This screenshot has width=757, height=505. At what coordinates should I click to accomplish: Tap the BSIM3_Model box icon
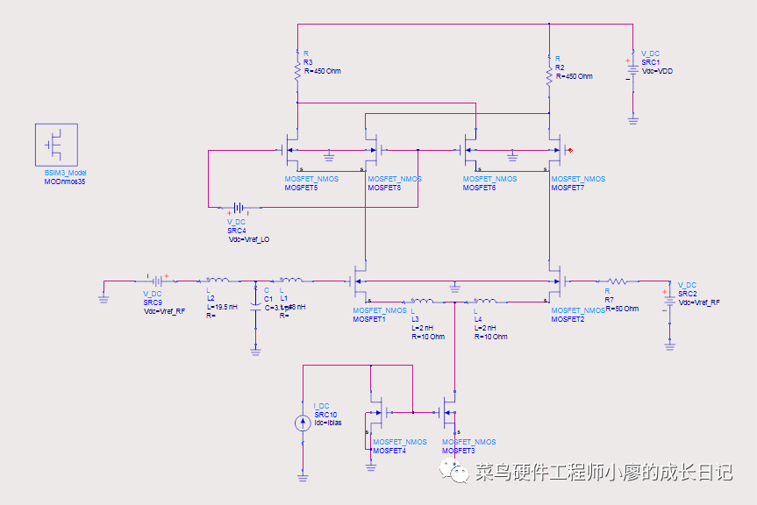56,145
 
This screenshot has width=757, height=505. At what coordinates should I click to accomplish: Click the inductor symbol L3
422,300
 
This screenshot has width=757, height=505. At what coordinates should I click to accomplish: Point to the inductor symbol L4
484,300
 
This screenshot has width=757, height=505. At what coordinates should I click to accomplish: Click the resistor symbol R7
619,281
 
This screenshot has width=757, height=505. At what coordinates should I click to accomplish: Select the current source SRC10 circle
303,423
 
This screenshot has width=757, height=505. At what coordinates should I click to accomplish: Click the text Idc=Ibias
328,423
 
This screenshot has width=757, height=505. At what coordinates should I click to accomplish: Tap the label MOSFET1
368,319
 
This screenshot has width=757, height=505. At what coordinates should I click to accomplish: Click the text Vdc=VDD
657,70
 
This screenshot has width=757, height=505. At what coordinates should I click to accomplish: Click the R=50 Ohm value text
621,309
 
